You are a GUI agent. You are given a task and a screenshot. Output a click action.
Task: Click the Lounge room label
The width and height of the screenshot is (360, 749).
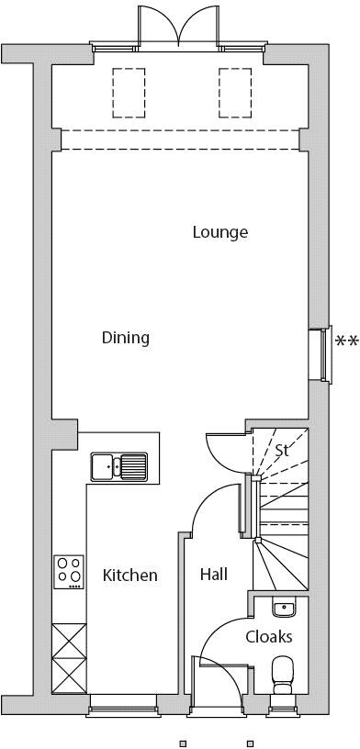(220, 232)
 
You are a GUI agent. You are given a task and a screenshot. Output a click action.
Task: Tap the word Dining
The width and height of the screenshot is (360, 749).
(126, 338)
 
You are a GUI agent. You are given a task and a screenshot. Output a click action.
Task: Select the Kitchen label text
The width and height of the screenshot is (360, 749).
(130, 576)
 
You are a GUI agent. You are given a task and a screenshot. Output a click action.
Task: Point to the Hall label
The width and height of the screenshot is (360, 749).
(214, 575)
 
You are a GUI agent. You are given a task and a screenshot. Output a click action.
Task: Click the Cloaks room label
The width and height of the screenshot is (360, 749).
(269, 637)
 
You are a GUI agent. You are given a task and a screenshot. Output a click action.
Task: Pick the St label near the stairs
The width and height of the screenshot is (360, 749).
(282, 450)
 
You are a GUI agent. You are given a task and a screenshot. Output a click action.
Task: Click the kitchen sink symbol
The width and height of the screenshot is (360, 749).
(119, 466)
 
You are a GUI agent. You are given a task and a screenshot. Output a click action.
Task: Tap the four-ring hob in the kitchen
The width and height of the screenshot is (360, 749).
(69, 572)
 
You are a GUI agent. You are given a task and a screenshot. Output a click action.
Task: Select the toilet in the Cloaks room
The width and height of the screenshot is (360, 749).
(282, 675)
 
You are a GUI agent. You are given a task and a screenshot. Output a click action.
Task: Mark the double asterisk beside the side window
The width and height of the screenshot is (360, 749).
(346, 341)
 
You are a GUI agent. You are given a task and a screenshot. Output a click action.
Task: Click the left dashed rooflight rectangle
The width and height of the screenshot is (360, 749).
(129, 93)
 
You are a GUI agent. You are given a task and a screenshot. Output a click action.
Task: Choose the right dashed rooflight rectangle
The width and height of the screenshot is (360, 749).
(235, 93)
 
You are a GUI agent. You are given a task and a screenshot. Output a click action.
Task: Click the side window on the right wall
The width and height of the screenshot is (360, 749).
(321, 355)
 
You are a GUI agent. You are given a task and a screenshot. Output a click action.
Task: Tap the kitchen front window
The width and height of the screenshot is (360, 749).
(123, 705)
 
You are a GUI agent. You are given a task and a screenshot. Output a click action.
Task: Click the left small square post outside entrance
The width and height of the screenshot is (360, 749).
(182, 743)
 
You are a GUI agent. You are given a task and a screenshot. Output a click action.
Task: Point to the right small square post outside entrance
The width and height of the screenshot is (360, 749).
(249, 743)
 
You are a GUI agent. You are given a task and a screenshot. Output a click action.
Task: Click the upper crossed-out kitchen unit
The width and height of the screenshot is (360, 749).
(69, 641)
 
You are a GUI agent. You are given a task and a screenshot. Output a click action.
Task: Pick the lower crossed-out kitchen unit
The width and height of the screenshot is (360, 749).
(69, 676)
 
